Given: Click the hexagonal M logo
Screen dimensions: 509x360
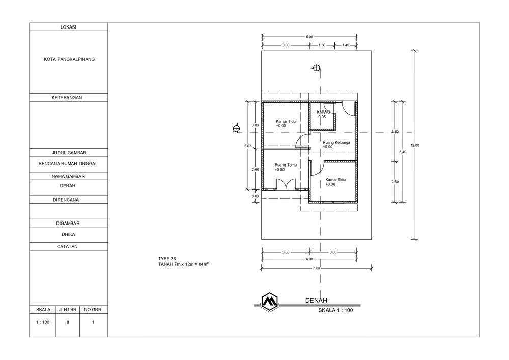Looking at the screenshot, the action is click(270, 301).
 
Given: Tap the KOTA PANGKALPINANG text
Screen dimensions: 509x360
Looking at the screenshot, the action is click(69, 59).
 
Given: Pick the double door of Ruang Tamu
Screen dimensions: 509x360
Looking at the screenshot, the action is click(286, 184).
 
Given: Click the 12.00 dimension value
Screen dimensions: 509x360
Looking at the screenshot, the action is click(415, 146).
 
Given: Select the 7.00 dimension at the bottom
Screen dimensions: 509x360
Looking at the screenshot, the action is click(316, 268).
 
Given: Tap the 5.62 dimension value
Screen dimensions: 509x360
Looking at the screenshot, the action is click(248, 146).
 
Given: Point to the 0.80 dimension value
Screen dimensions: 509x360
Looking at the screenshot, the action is click(256, 196).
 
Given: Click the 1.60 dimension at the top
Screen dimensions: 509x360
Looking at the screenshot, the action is click(321, 45).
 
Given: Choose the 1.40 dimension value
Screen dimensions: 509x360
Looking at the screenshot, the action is click(346, 45).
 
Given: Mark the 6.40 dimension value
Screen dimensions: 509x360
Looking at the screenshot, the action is click(403, 152).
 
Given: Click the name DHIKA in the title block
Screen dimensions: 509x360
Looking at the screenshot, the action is click(68, 234).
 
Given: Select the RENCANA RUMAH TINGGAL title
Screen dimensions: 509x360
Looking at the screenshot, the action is click(68, 164).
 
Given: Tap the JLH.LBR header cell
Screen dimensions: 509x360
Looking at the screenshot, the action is click(68, 310).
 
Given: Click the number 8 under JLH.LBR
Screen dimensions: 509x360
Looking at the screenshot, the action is click(68, 322).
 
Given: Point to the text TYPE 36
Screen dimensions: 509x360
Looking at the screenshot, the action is click(167, 259).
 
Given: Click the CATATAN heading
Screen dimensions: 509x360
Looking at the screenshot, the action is click(68, 247).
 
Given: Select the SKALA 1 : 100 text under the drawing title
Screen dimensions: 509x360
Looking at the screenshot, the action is click(335, 310).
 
